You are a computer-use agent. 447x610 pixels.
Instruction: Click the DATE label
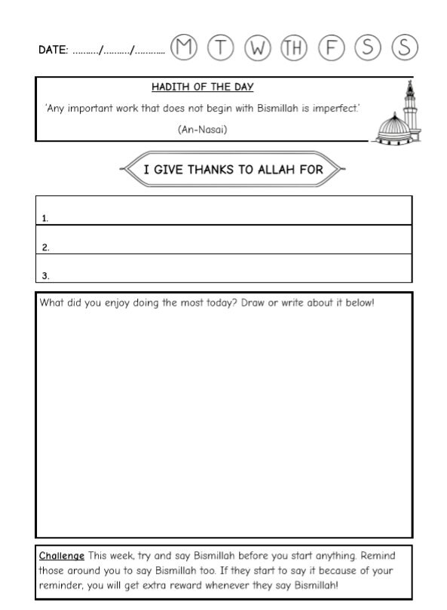click(x=53, y=50)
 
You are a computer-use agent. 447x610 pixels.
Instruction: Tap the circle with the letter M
click(x=184, y=48)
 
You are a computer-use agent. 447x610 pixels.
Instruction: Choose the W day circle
click(x=258, y=48)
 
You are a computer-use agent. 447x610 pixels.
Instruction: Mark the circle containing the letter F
click(x=331, y=48)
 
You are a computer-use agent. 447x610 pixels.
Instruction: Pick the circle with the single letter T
click(x=221, y=48)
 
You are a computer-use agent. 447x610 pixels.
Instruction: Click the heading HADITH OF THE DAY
click(x=203, y=87)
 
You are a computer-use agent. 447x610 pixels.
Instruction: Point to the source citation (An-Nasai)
click(x=203, y=129)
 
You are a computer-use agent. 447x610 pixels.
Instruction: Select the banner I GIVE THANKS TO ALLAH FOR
click(x=232, y=169)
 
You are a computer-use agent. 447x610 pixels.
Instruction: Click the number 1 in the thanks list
click(x=45, y=219)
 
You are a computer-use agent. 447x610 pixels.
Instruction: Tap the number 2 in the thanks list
click(x=45, y=247)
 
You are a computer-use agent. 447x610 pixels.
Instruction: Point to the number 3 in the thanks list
click(x=45, y=276)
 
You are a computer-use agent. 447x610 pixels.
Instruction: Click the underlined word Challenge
click(x=62, y=556)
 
